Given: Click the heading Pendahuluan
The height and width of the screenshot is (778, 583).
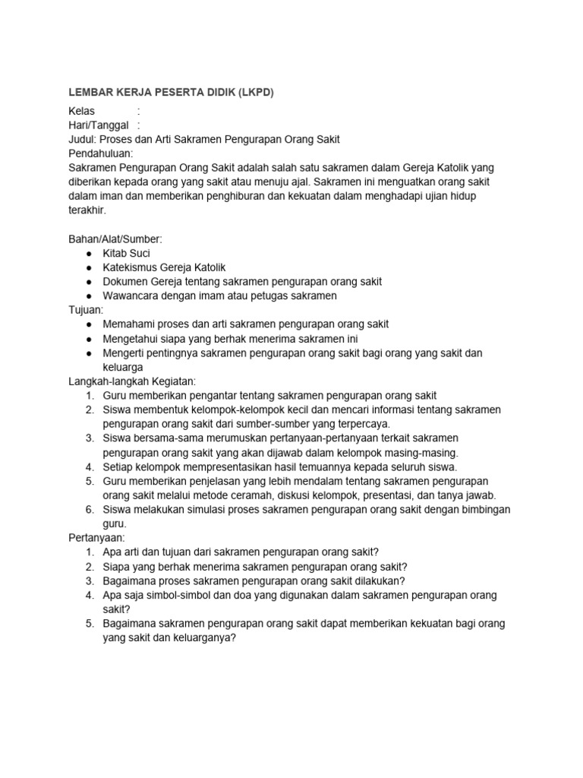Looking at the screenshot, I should click(x=100, y=153).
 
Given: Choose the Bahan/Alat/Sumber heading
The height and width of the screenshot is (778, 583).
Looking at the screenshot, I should click(x=115, y=239).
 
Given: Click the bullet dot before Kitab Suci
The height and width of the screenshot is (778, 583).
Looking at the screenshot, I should click(x=90, y=254).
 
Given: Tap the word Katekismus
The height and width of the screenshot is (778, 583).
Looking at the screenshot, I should click(x=131, y=267).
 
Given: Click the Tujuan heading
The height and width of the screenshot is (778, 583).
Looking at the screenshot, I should click(x=85, y=310).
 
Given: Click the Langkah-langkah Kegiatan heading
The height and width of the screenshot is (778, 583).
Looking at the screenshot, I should click(x=133, y=381).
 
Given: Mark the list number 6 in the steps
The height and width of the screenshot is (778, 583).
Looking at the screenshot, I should click(x=89, y=509).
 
